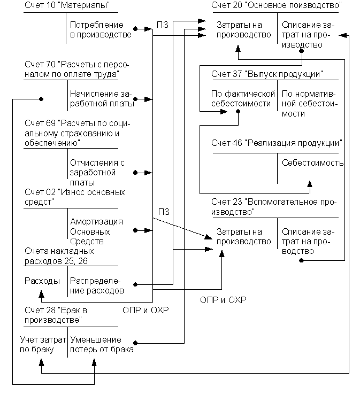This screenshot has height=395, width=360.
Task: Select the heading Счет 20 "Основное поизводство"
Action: (x=277, y=6)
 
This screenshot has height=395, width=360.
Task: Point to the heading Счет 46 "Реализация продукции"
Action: (x=277, y=143)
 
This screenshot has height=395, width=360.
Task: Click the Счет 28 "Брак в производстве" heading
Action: (x=53, y=315)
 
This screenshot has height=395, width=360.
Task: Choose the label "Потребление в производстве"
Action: (x=101, y=30)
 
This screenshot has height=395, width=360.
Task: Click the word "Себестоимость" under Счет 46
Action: (x=313, y=163)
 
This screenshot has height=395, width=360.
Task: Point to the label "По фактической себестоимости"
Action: (x=243, y=99)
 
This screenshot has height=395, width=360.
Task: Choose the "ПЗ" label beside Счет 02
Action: (x=164, y=212)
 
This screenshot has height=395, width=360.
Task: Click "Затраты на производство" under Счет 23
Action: (x=244, y=237)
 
